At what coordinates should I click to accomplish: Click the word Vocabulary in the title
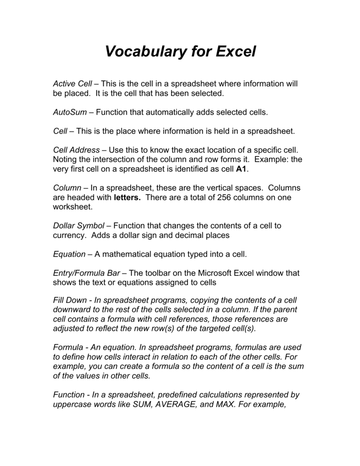pos(147,52)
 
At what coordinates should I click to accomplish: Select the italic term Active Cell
pos(72,84)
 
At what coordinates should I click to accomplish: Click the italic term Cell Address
pos(76,150)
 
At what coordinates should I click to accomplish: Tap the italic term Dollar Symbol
pos(79,226)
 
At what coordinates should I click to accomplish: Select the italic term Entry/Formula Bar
pos(86,273)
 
